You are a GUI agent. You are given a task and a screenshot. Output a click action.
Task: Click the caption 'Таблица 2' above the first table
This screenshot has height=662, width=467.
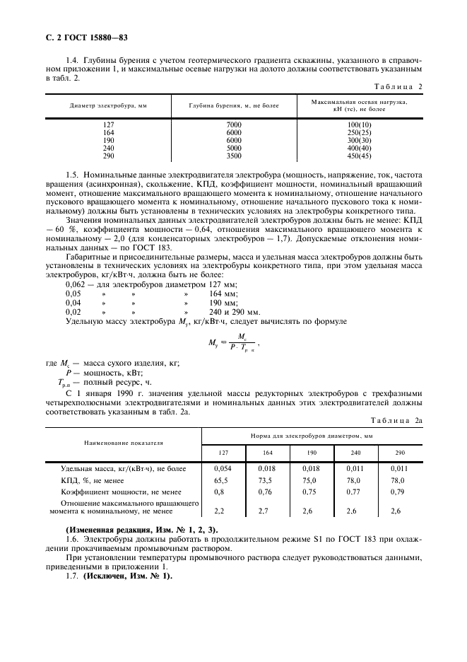pos(399,87)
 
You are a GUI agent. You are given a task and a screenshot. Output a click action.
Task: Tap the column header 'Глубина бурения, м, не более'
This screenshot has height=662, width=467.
pos(233,105)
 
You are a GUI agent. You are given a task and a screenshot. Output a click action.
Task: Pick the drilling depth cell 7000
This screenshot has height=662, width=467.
pos(234,125)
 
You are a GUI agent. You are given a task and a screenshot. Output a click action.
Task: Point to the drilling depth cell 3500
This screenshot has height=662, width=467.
pos(234,156)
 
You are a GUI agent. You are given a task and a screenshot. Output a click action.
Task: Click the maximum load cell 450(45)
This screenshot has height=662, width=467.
pos(359,156)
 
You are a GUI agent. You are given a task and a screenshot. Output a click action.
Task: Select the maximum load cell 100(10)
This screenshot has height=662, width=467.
pos(359,125)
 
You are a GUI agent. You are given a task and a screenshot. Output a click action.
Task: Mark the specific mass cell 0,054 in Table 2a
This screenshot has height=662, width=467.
pos(223,468)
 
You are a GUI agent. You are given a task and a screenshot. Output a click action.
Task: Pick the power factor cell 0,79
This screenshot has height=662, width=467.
pos(400,492)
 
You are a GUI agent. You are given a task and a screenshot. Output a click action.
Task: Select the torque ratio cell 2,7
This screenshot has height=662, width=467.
pos(267,510)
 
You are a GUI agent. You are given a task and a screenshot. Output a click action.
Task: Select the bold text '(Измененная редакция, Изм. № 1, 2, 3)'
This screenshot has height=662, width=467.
pos(141,530)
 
